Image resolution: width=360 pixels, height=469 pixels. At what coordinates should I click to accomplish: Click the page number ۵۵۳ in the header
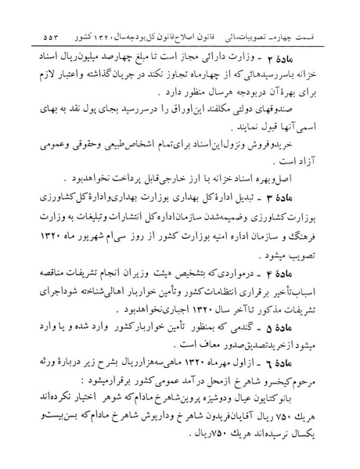(35, 37)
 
